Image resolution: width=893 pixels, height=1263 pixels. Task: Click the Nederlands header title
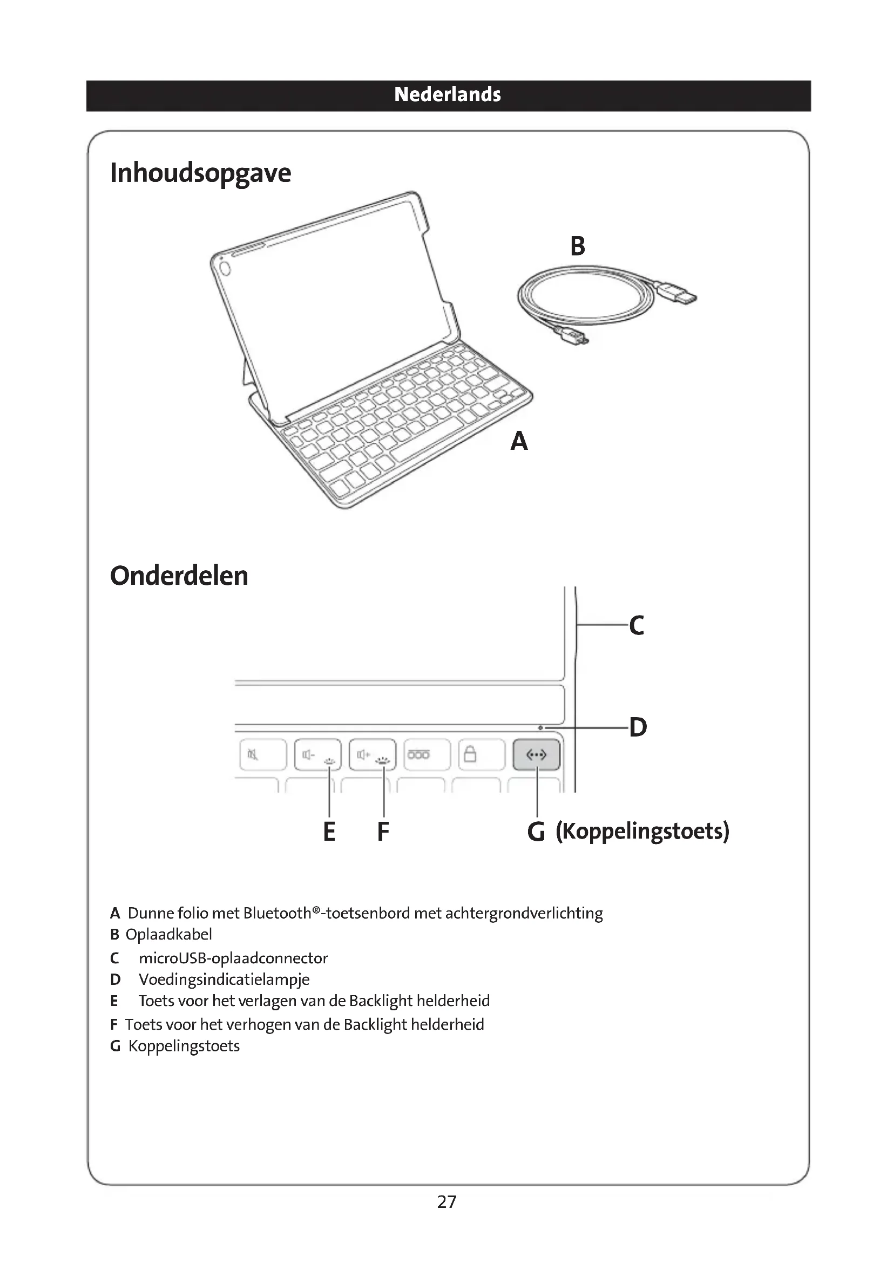(x=447, y=94)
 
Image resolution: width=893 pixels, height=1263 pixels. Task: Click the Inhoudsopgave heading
(x=200, y=173)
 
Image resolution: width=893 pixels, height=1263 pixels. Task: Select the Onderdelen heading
(x=179, y=576)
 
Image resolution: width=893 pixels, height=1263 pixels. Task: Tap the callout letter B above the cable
(x=577, y=246)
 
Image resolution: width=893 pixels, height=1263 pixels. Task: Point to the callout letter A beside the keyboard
(x=518, y=441)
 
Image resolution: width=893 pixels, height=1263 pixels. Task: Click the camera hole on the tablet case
(x=225, y=268)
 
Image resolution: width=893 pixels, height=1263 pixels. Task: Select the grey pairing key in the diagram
(x=536, y=755)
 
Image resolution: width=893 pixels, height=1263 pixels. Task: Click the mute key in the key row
(x=263, y=755)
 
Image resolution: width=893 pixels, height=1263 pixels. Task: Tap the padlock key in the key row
(x=481, y=755)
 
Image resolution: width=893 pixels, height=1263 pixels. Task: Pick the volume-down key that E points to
(x=317, y=755)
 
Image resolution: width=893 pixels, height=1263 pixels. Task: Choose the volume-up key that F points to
(x=373, y=755)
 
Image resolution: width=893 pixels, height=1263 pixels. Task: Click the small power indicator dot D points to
(x=540, y=728)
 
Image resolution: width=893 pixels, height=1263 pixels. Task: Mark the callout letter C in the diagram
(x=636, y=625)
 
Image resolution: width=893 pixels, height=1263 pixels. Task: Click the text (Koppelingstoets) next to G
(x=642, y=830)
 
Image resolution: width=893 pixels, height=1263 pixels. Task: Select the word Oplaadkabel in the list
(x=169, y=934)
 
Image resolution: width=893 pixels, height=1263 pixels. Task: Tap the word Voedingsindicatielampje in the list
(x=224, y=979)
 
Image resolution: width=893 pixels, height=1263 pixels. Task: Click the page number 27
(x=446, y=1202)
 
